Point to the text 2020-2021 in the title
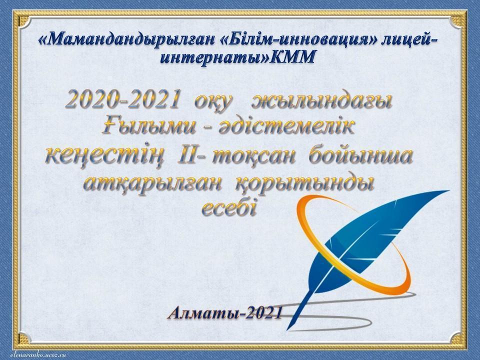[x=122, y=99]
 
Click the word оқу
[x=213, y=101]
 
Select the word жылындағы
[x=321, y=101]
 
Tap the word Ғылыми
[x=148, y=126]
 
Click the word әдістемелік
[x=286, y=126]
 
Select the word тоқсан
[x=253, y=156]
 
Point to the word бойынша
[x=360, y=155]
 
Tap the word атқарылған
[x=152, y=184]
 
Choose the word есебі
[x=228, y=208]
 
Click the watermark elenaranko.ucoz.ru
[x=38, y=354]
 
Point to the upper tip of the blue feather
[x=449, y=191]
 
